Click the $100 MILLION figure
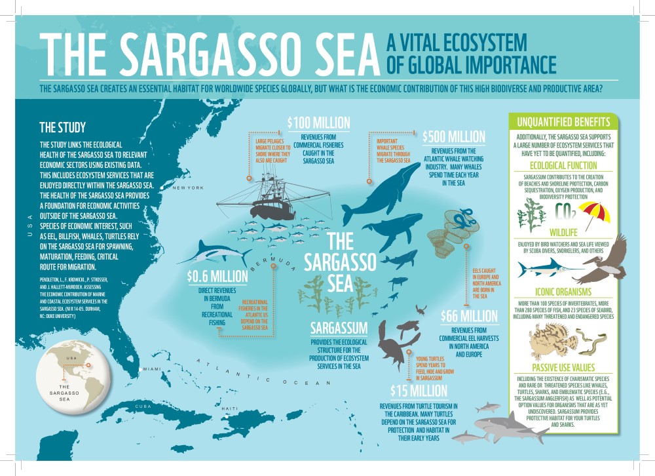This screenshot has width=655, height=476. [x=319, y=123]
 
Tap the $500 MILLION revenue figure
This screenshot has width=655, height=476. [x=454, y=137]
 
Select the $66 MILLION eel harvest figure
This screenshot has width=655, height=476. [x=470, y=316]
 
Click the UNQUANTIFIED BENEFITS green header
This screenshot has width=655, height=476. [x=563, y=122]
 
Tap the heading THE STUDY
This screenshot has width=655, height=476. [x=62, y=127]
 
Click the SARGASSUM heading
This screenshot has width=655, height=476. [x=339, y=326]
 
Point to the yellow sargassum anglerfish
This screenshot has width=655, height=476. [x=546, y=340]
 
